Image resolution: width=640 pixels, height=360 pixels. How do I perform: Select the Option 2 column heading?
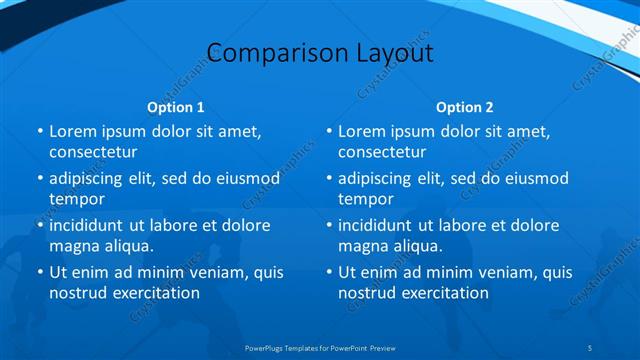coord(464,106)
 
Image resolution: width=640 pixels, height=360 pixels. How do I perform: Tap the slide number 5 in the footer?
coord(591,347)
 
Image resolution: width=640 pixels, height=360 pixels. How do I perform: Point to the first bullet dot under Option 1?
coord(40,131)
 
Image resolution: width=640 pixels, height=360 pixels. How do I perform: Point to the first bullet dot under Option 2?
coord(329,131)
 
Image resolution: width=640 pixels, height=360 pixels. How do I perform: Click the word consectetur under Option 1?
coord(93,152)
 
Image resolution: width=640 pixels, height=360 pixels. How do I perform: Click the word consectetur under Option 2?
coord(382,152)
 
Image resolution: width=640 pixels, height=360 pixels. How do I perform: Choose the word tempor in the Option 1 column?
coord(76,199)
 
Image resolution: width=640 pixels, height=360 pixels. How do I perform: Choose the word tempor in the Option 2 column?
coord(365,199)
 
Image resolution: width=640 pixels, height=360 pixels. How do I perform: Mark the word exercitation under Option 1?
coord(154,293)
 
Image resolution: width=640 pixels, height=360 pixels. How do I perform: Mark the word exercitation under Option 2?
coord(443,293)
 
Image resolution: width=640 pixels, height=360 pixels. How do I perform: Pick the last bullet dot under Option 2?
coord(329,272)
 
